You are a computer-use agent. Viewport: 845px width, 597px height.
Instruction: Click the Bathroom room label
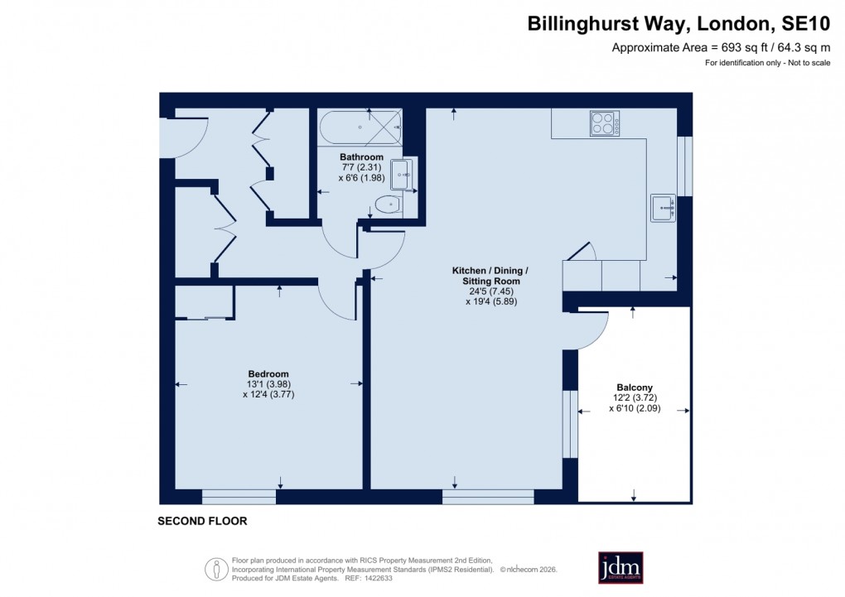(361, 156)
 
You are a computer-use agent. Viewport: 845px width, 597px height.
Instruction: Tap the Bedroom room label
(268, 373)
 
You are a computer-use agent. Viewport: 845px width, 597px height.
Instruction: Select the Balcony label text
(635, 387)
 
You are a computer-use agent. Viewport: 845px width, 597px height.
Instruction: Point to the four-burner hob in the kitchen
(604, 123)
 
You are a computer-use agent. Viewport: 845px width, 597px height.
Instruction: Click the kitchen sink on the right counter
(664, 207)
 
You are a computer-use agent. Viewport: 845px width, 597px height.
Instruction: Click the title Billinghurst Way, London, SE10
(678, 24)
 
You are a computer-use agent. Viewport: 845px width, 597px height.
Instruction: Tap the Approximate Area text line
(721, 48)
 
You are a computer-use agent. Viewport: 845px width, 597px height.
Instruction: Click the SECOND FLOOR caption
(202, 522)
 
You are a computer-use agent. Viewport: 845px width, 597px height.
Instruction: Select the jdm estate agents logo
(620, 567)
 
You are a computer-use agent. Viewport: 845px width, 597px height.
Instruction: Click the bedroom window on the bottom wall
(239, 496)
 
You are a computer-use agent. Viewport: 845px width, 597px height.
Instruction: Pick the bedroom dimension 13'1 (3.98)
(268, 384)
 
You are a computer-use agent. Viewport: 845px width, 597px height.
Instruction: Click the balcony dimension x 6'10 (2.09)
(635, 407)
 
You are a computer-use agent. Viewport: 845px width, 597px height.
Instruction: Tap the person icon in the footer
(216, 568)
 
